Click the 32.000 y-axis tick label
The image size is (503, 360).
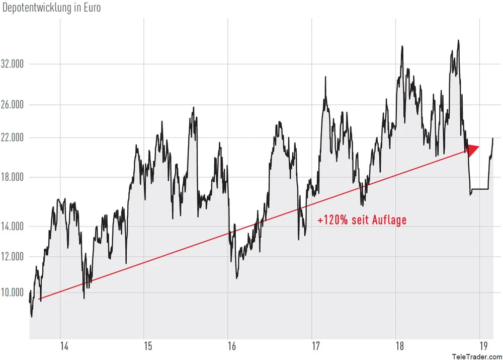14,64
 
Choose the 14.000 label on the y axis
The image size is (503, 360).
14,226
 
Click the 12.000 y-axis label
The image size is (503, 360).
14,257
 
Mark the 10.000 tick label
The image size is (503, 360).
14,293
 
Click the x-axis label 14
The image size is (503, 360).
64,347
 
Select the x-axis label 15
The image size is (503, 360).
148,347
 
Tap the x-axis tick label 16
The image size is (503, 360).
232,347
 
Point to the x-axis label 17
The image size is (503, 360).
316,347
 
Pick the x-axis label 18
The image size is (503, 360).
400,347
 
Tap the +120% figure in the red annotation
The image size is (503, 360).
332,220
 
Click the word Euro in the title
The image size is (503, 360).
91,9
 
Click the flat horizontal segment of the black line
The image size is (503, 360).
480,189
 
